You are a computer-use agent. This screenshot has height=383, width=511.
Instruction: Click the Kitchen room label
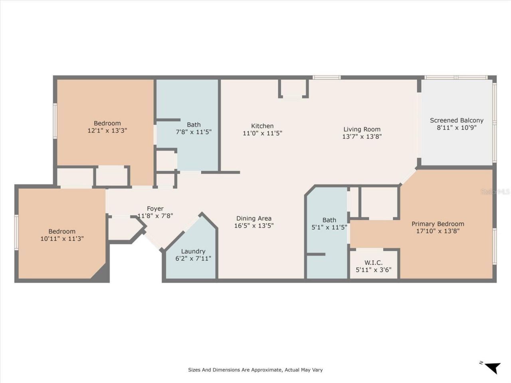262,126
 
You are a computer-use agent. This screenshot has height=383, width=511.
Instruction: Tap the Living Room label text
362,129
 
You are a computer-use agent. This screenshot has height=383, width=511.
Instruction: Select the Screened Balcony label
456,120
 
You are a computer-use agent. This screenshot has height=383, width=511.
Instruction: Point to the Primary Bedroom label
438,224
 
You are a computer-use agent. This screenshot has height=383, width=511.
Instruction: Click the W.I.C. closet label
373,263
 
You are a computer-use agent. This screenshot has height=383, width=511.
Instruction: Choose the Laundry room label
193,251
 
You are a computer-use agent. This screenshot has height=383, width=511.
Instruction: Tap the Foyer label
155,209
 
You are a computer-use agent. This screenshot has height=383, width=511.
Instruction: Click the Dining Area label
254,218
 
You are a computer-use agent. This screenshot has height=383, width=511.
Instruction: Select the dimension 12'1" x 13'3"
107,130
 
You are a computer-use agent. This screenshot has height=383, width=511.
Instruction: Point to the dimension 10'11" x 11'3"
62,239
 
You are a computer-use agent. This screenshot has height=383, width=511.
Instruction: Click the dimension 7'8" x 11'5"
194,132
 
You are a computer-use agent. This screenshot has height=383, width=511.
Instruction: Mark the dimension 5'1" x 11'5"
329,227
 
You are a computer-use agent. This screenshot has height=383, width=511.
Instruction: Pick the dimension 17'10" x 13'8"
438,231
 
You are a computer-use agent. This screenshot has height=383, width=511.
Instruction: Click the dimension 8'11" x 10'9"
456,128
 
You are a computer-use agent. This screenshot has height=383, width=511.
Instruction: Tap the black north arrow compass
492,366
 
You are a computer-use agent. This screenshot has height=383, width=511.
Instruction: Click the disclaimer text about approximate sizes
255,370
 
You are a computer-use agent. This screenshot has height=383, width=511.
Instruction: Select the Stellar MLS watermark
495,191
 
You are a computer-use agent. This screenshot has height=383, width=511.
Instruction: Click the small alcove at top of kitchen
293,88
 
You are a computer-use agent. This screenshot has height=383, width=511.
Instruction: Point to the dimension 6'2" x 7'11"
193,259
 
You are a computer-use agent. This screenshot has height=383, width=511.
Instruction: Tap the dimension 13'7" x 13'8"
362,136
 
